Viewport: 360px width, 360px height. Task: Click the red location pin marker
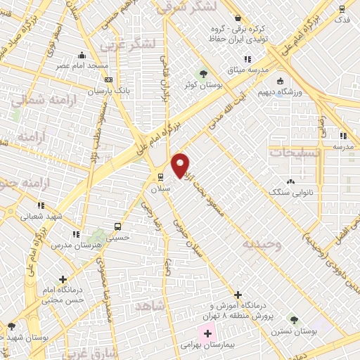(181, 165)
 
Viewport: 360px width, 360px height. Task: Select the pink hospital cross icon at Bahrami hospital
(207, 332)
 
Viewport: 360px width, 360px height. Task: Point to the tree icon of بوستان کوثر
(203, 72)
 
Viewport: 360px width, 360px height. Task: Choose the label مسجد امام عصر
(82, 65)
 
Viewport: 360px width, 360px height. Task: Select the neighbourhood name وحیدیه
(262, 245)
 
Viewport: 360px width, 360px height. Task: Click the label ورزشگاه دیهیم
(304, 91)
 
